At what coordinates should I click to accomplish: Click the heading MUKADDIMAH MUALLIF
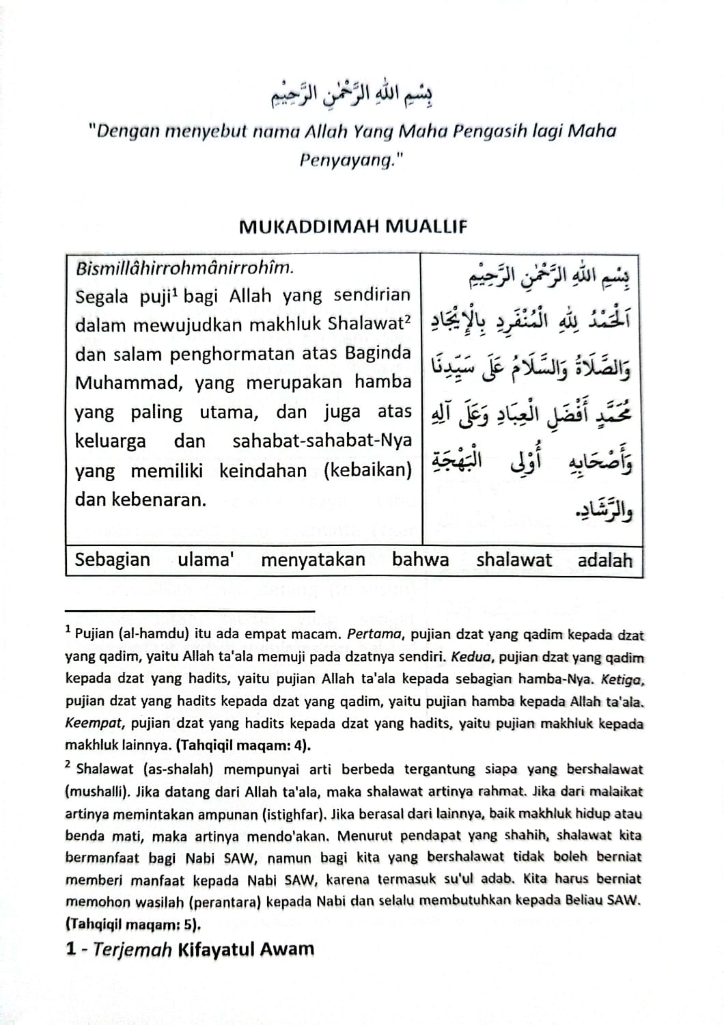coord(352,228)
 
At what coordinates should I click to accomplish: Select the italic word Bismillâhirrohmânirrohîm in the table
coord(185,267)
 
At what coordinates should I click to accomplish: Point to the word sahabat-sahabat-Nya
coord(322,441)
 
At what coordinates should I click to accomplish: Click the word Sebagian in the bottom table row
coord(113,560)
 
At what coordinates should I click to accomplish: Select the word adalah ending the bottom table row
coord(605,561)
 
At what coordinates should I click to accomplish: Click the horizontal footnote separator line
coord(190,610)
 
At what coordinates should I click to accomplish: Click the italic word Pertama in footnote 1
coord(373,634)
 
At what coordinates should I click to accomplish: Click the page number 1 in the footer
coord(70,948)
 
